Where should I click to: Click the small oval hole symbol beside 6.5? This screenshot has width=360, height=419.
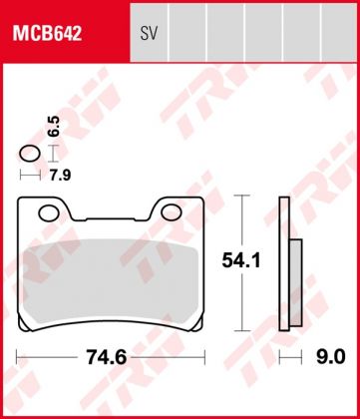tap(30, 154)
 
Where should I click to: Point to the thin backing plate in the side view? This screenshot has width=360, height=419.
tap(284, 264)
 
